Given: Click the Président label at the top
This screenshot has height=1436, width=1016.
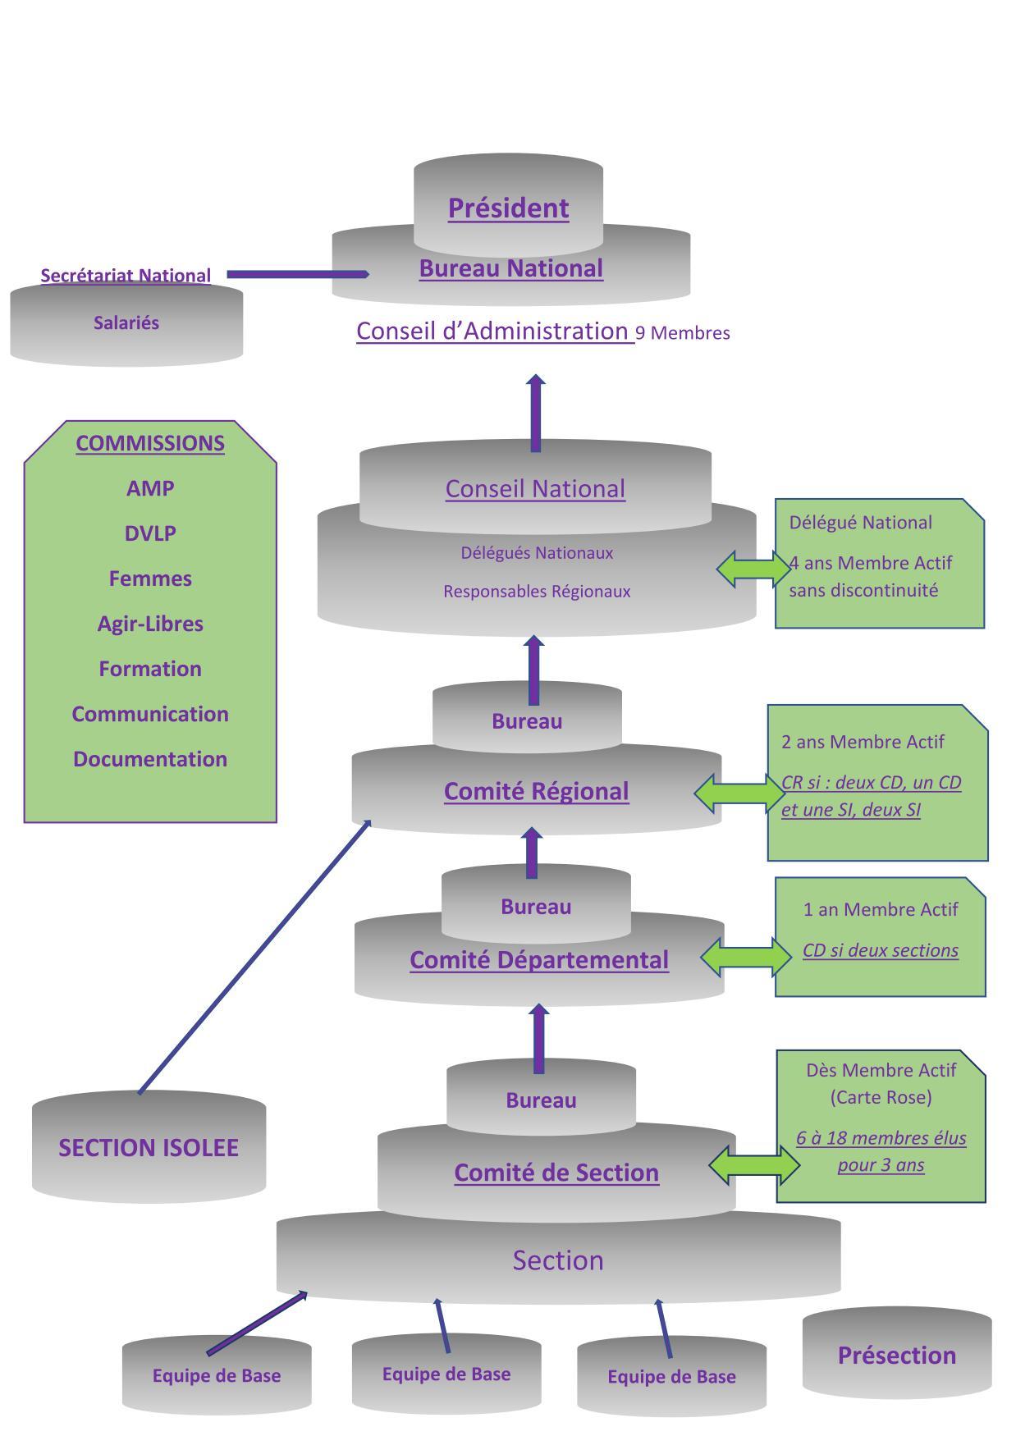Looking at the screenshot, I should click(508, 208).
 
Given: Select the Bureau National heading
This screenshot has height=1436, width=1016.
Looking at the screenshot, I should click(510, 268).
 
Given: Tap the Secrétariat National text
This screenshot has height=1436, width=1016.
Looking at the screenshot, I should click(126, 276).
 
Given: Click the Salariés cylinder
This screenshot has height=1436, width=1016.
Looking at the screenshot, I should click(126, 323).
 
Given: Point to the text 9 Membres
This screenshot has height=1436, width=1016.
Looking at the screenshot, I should click(683, 333).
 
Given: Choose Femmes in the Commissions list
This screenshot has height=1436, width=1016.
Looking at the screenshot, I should click(150, 579).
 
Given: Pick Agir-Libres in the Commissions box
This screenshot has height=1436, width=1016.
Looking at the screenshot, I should click(150, 624).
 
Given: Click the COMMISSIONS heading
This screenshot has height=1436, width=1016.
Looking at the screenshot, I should click(150, 443).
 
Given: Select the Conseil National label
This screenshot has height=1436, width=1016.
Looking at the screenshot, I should click(535, 489).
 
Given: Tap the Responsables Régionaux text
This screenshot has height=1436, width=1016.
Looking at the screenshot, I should click(537, 592).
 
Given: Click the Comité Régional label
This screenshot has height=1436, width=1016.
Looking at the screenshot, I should click(536, 791).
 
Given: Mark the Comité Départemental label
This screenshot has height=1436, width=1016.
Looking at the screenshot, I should click(539, 960).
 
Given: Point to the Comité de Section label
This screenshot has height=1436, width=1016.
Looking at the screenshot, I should click(556, 1173).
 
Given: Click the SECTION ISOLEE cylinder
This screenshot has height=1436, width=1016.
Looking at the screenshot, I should click(149, 1147).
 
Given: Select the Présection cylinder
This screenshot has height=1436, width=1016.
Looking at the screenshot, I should click(896, 1355).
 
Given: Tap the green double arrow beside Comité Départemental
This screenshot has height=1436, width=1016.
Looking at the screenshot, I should click(746, 958).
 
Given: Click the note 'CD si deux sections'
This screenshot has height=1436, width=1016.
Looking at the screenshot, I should click(880, 950).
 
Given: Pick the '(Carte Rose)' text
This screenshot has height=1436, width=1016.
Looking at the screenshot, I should click(881, 1097).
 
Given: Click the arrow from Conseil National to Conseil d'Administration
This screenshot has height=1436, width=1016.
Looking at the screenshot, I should click(536, 414).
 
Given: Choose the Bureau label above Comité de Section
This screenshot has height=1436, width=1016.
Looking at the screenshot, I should click(541, 1100).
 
